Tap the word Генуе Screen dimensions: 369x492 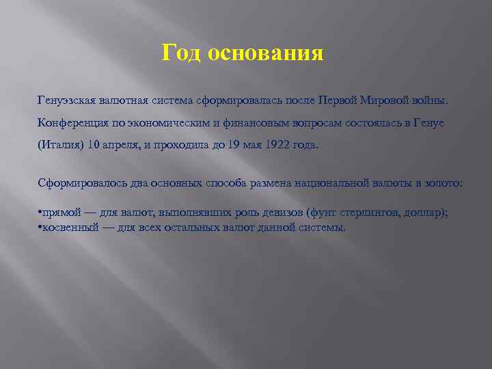click(428, 124)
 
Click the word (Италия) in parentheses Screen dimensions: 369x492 click(60, 146)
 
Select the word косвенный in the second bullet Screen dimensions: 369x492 click(69, 227)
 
